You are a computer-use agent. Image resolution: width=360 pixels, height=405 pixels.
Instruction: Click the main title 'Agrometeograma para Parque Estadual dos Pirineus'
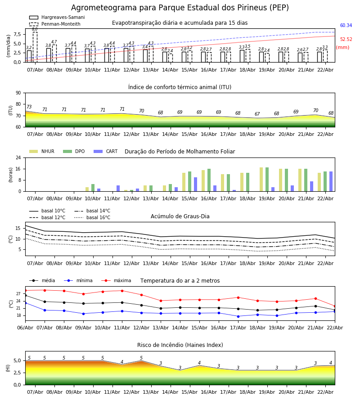coord(180,8)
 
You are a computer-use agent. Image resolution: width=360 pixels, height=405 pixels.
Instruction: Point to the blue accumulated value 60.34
coord(346,26)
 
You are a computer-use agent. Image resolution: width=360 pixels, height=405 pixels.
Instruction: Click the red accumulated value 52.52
coord(346,40)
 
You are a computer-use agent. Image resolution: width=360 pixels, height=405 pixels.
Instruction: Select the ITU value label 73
coord(29,107)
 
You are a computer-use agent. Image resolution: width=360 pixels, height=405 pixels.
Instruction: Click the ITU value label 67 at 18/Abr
coord(257,114)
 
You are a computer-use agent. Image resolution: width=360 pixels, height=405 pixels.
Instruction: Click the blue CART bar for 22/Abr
coord(331,181)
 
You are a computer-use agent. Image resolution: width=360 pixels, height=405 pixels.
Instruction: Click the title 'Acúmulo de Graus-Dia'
coord(180,216)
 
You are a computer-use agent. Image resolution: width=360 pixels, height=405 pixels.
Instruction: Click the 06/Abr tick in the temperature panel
coord(25,328)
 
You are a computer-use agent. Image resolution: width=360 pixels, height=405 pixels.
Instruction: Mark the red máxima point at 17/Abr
coord(238,297)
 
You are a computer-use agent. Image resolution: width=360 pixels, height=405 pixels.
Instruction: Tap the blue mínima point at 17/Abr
coord(238,316)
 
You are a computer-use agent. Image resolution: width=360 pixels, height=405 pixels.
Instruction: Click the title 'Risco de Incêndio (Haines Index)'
coord(180,345)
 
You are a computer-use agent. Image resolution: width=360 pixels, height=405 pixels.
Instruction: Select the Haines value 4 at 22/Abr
coord(330,363)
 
